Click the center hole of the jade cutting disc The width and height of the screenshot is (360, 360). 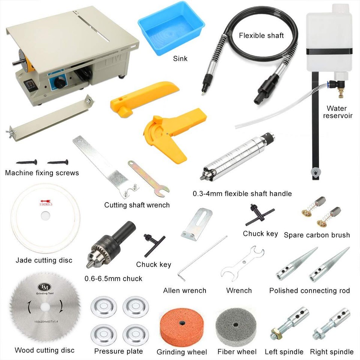[x=45, y=216]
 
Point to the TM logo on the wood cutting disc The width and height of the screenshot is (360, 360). [x=45, y=287]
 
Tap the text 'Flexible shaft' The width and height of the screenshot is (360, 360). [x=261, y=36]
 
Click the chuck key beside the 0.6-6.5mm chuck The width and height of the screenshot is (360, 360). [x=153, y=244]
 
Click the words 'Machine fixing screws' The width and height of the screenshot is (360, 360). [x=42, y=173]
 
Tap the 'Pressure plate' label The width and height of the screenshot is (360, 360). [x=118, y=351]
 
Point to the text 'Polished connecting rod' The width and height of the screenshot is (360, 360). [x=309, y=291]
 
